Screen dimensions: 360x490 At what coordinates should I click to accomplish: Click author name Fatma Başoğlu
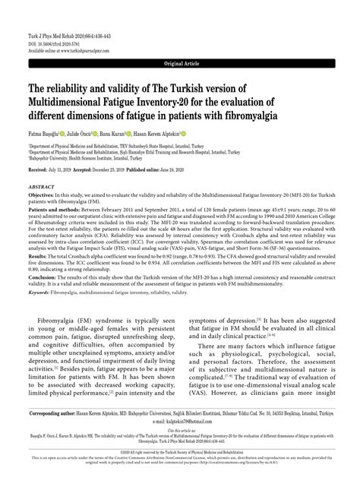(x=44, y=133)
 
